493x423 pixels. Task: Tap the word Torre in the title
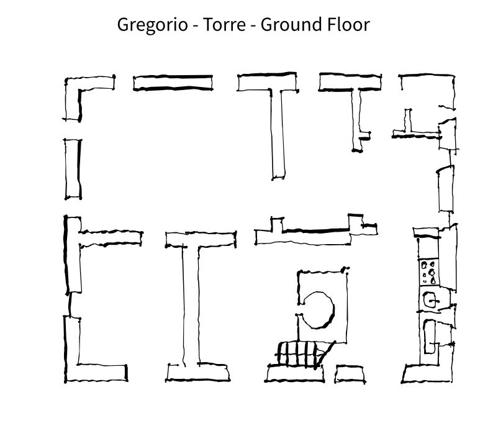[224, 24]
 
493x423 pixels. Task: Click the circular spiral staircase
[333, 310]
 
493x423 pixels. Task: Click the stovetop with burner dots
[429, 272]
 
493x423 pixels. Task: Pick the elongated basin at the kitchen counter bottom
[430, 337]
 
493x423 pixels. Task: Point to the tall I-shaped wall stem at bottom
[191, 305]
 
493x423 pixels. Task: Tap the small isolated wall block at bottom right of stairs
[350, 374]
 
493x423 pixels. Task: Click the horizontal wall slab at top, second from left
[173, 83]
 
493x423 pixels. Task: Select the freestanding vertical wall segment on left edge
[73, 169]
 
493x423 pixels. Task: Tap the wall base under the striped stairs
[294, 374]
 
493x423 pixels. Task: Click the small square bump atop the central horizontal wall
[277, 224]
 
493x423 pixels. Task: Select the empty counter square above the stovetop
[429, 248]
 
